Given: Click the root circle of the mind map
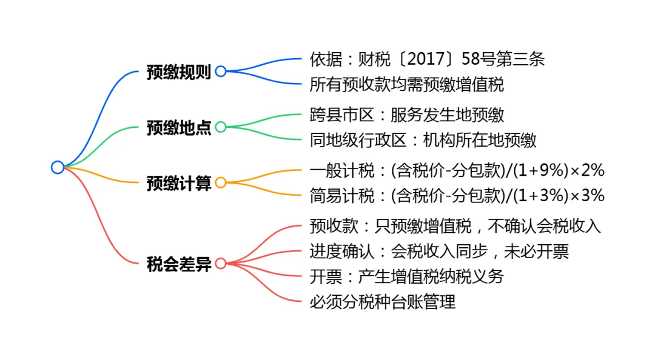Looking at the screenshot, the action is [58, 167].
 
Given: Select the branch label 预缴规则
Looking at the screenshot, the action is [178, 72].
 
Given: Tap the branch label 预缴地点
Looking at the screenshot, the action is [178, 128].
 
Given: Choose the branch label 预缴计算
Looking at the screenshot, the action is [178, 183].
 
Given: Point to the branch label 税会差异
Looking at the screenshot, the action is [178, 264].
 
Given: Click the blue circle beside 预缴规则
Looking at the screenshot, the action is [221, 72].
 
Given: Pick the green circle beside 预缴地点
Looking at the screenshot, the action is [221, 127].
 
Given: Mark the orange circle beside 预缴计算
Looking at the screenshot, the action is [221, 182].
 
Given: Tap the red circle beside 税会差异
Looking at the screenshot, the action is [221, 264].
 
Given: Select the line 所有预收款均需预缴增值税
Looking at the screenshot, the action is [406, 85].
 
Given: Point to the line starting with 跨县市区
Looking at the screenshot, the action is [406, 115].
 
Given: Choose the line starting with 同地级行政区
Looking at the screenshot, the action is [423, 140].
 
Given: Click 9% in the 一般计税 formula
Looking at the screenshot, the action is [547, 171].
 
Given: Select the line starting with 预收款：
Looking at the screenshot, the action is [455, 227].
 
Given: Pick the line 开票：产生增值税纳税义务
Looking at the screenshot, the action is [406, 277].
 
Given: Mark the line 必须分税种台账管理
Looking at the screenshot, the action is [382, 302].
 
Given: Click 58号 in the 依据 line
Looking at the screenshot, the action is [477, 59].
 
